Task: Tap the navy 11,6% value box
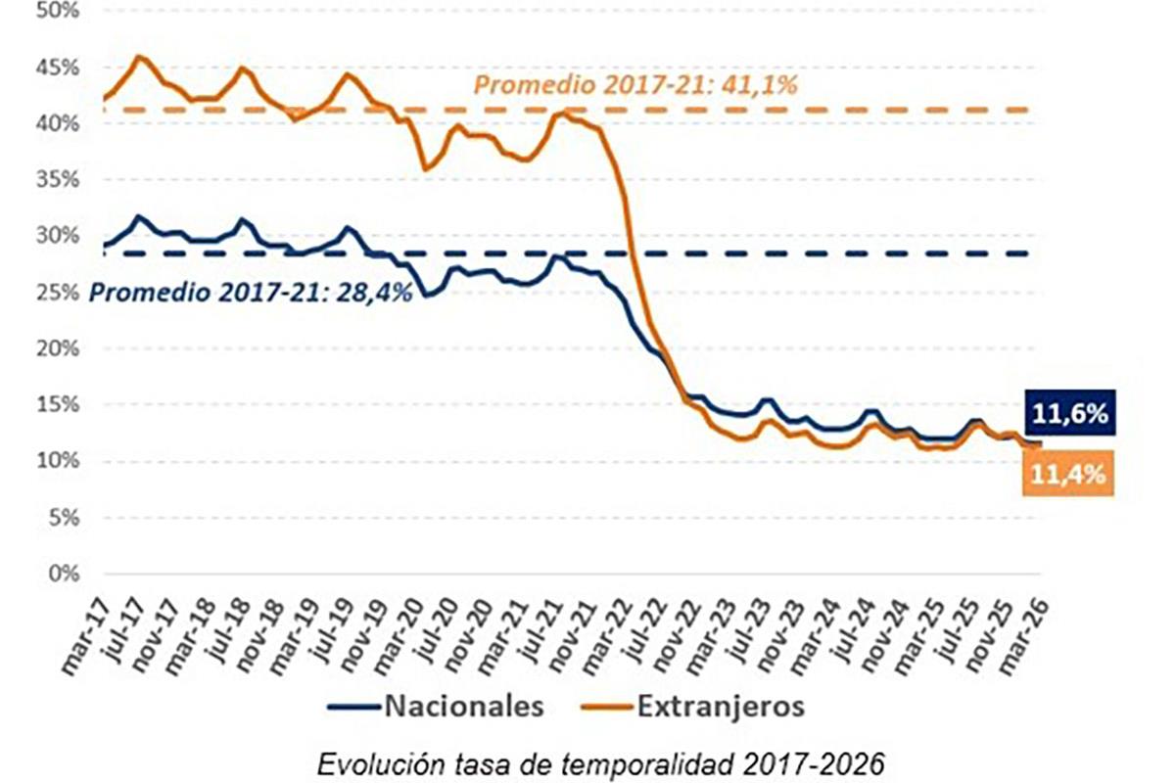pyautogui.click(x=1069, y=414)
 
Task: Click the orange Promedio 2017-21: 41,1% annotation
pyautogui.click(x=636, y=85)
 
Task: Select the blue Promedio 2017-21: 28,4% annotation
pyautogui.click(x=250, y=293)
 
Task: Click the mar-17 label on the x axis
pyautogui.click(x=86, y=636)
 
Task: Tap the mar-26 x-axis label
pyautogui.click(x=1028, y=636)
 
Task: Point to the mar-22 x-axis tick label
pyautogui.click(x=611, y=636)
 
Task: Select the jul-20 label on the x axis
pyautogui.click(x=437, y=636)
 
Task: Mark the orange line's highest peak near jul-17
pyautogui.click(x=139, y=57)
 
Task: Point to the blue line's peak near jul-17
pyautogui.click(x=139, y=216)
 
